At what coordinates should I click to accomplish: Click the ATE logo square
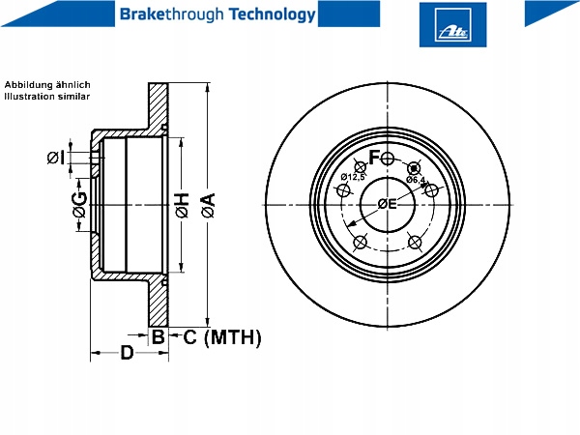452,24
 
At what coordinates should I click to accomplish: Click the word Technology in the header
273,14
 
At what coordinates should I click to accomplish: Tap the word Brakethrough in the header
172,14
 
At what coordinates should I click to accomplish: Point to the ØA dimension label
209,205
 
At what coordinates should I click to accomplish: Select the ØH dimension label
183,205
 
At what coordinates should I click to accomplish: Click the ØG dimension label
80,205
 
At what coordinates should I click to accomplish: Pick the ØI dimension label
56,158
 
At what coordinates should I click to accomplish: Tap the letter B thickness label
159,337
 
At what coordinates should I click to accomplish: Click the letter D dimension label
127,353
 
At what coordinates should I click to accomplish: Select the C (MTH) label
222,337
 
